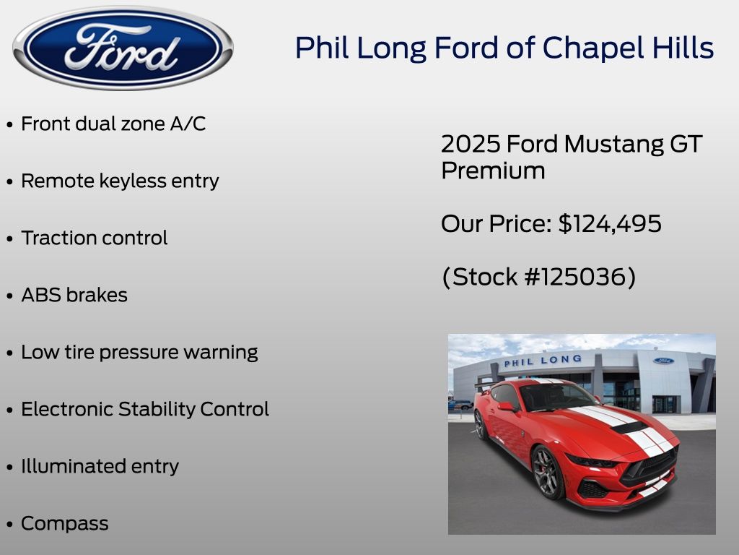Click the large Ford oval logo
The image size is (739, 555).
tap(123, 48)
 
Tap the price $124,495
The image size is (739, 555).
tap(610, 224)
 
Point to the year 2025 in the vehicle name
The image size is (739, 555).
tap(471, 144)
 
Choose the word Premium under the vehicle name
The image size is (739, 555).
tap(493, 171)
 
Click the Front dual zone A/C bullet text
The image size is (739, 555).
tap(113, 124)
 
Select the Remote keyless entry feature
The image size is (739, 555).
tap(121, 181)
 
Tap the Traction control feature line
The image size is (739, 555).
tap(95, 238)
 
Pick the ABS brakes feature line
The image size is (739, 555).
tap(74, 296)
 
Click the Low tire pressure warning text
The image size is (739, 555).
tap(139, 353)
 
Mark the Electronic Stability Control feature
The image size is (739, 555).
tap(145, 410)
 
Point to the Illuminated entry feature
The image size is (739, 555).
tap(100, 467)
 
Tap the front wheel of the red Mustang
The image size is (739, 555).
tap(547, 473)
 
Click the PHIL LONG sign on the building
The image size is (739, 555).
tap(543, 361)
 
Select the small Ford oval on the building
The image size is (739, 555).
tap(663, 361)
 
